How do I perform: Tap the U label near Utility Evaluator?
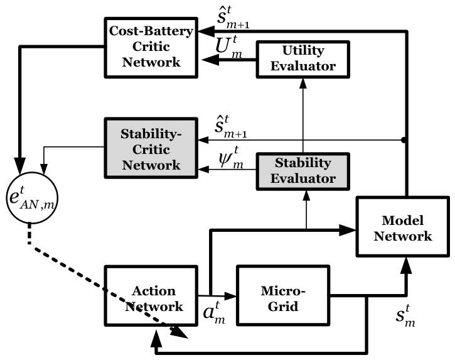(228, 46)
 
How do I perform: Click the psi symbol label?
(232, 158)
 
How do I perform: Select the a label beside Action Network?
(214, 314)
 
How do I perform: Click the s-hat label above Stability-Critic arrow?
(231, 127)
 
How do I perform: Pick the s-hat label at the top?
(233, 18)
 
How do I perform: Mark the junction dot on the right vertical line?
(404, 140)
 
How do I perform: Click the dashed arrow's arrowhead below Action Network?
(179, 332)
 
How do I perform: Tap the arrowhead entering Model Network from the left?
(348, 230)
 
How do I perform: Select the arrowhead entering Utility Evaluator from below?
(303, 84)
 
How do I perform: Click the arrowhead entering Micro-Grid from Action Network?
(231, 297)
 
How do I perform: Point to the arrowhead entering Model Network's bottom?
(406, 265)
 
